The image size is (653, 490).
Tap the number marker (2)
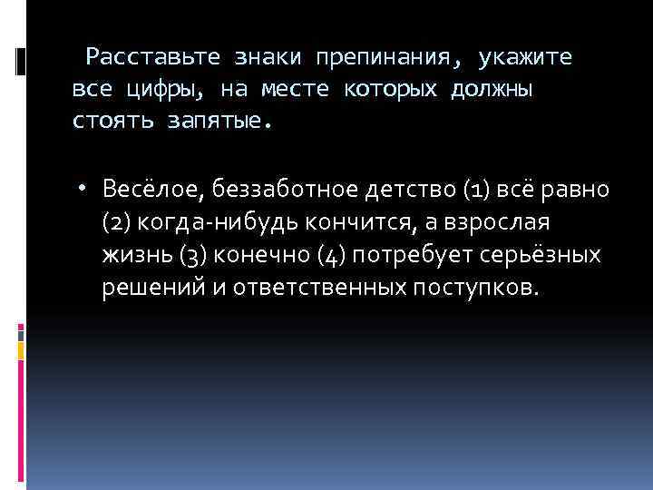pyautogui.click(x=117, y=222)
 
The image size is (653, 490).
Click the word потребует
pyautogui.click(x=408, y=255)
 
